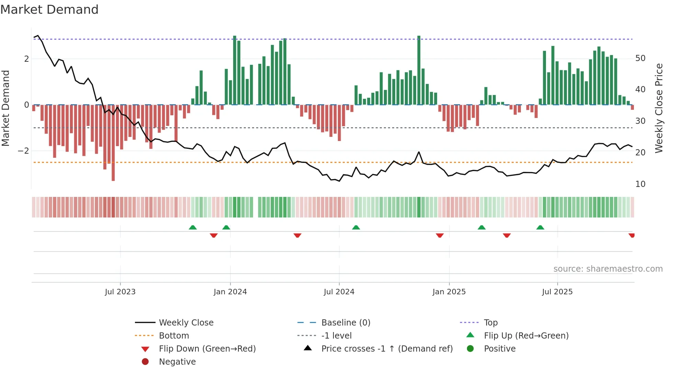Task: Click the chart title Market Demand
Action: [49, 10]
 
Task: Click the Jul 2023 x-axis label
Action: [120, 292]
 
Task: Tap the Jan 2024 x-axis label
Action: [230, 292]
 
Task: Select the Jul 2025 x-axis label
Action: [557, 292]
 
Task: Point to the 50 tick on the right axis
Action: [640, 58]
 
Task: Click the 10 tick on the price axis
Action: [640, 184]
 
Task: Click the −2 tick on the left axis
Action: [23, 151]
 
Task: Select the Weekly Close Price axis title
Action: [659, 108]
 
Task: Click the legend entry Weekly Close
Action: [186, 323]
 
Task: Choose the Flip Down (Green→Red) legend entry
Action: [207, 349]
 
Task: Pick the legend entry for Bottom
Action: [174, 336]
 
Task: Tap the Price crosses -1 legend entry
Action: [387, 349]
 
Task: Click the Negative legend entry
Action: [177, 362]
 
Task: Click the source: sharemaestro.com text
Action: [608, 269]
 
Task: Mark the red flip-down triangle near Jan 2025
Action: [440, 235]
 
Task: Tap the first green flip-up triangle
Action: [193, 227]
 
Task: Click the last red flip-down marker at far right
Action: [631, 235]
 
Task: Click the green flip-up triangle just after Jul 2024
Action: [356, 227]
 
